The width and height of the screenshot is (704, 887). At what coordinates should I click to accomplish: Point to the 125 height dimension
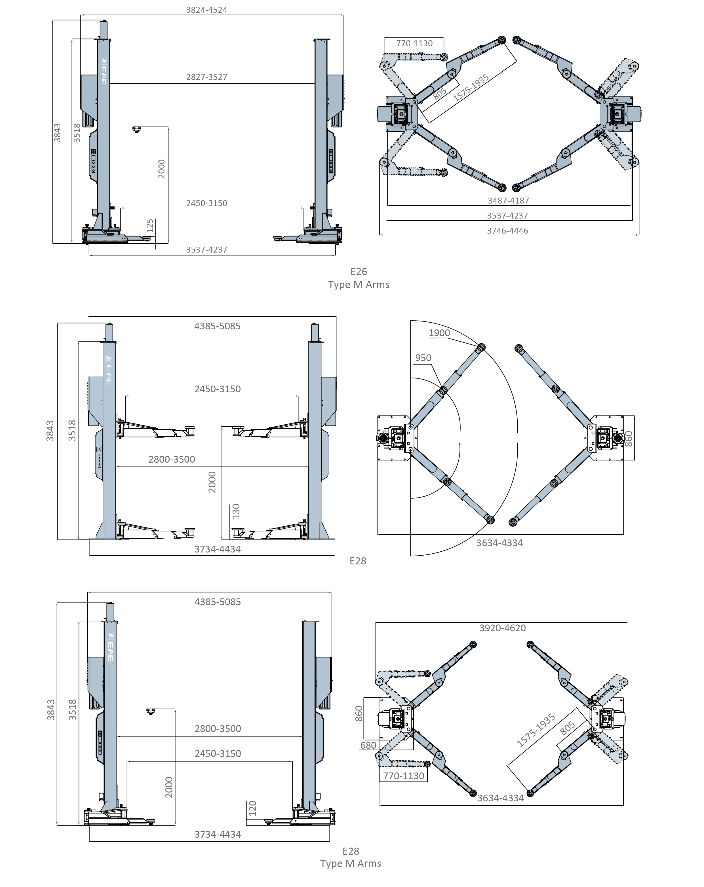tap(150, 225)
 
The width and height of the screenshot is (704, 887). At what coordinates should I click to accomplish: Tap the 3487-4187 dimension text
tap(508, 201)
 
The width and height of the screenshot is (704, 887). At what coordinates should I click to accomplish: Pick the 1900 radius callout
tap(439, 333)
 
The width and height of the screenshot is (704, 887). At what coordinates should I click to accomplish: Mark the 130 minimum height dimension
tap(236, 511)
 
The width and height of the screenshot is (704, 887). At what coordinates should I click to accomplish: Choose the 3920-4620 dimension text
tap(502, 628)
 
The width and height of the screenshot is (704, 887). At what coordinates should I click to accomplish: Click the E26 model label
tap(359, 272)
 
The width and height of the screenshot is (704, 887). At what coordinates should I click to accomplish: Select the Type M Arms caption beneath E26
tap(359, 285)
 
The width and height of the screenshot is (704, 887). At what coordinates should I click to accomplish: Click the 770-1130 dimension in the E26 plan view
tap(414, 43)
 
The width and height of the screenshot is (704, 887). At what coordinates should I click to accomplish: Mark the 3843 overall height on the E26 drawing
tap(58, 132)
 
